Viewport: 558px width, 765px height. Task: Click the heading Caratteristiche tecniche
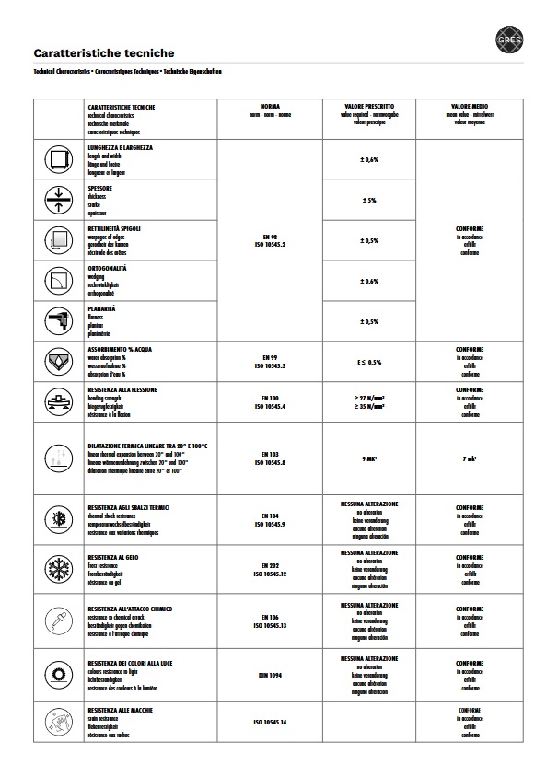click(103, 53)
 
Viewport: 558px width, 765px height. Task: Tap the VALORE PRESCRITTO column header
click(369, 107)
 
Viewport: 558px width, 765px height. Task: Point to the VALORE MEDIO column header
click(470, 107)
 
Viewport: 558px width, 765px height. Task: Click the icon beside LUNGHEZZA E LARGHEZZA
click(58, 160)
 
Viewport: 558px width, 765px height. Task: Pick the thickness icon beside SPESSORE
click(58, 200)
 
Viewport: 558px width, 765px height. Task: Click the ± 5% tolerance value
click(369, 200)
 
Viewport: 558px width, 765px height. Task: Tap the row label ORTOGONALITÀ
click(107, 268)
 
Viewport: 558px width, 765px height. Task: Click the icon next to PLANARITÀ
click(58, 320)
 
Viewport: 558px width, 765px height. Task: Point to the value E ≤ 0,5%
click(369, 362)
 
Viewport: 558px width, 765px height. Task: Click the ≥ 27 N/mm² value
click(369, 398)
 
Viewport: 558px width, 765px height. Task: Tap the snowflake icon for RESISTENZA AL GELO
click(58, 568)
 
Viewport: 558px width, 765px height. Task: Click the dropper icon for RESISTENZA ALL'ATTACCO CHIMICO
click(58, 621)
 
